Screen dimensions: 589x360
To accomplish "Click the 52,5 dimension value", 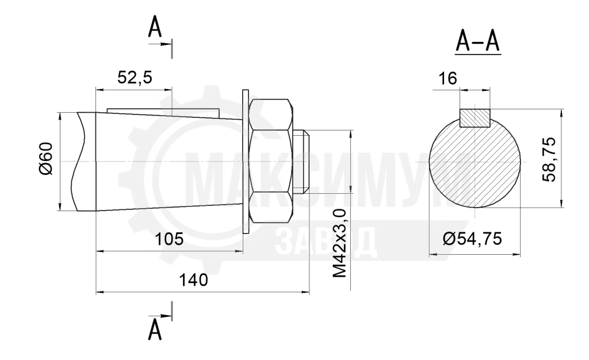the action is (x=135, y=78).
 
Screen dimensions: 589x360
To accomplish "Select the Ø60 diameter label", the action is (x=46, y=159).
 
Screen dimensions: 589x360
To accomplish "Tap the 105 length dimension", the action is (x=169, y=239).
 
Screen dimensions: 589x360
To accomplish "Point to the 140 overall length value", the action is (x=193, y=280).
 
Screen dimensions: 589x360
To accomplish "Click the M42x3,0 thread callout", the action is (x=340, y=244).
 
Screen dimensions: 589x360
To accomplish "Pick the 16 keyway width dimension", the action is (x=448, y=78).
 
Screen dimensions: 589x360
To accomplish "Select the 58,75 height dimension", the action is (x=549, y=159).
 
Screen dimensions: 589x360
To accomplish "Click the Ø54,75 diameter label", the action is (x=472, y=239).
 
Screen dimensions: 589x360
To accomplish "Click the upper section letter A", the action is (x=155, y=28).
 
